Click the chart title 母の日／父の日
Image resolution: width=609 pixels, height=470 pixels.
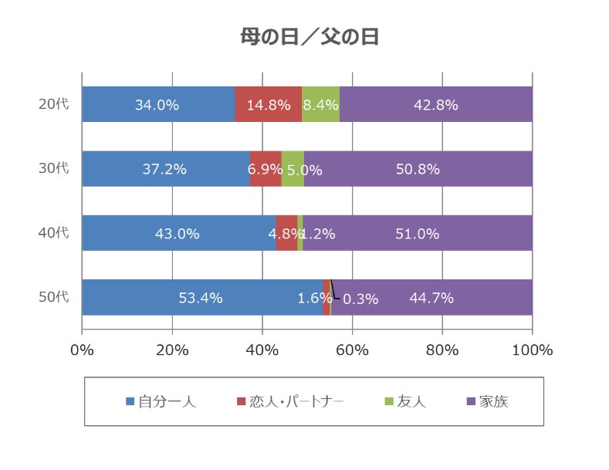(x=310, y=37)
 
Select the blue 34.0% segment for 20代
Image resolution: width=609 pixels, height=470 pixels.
(x=157, y=105)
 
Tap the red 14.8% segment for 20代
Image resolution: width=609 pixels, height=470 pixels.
(x=268, y=105)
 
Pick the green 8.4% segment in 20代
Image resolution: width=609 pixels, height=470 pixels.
(x=320, y=105)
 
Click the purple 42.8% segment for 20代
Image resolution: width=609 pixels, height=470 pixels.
(x=436, y=105)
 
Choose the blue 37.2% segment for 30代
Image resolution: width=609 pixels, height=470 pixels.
(x=164, y=169)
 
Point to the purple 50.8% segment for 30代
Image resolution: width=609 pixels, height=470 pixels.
(x=418, y=169)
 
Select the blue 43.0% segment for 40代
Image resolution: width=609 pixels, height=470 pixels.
(x=178, y=233)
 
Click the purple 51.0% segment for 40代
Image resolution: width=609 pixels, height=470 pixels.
(x=417, y=233)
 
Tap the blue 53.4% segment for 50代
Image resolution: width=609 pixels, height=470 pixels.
(x=201, y=297)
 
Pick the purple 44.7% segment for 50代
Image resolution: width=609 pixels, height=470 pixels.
(x=431, y=297)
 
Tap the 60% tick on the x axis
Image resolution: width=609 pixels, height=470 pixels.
(x=352, y=350)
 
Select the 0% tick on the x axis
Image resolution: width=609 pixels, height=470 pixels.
(x=82, y=350)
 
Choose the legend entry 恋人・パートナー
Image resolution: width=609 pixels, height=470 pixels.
(x=289, y=401)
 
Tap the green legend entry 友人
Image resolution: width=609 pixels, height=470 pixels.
(x=404, y=401)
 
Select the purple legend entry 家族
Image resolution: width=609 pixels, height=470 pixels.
(x=487, y=401)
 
